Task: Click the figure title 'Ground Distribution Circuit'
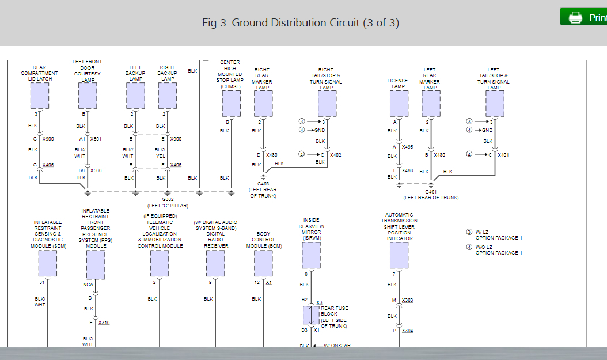301,22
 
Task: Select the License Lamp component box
399,103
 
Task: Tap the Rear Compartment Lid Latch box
39,95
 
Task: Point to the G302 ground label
168,199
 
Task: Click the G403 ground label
263,184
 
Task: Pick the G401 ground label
431,191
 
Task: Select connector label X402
336,155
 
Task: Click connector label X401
503,155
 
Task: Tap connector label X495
407,147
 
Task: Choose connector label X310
104,323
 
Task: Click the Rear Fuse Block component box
312,315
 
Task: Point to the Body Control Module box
263,263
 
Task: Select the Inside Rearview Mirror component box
311,255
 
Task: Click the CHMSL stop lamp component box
231,103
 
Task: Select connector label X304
407,331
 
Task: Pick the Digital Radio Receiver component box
215,263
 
